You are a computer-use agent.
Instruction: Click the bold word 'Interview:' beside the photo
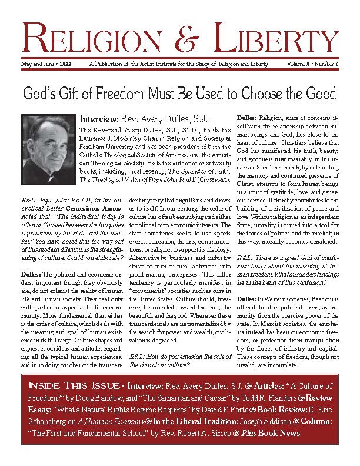tap(98, 118)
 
